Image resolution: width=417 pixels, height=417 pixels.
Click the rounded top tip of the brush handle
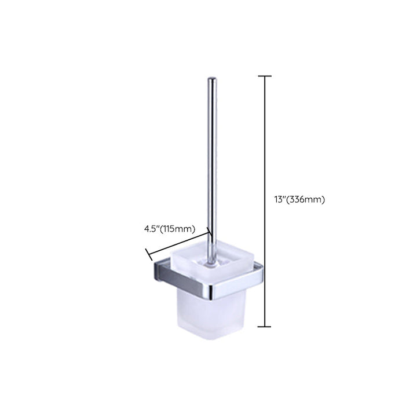click(212, 78)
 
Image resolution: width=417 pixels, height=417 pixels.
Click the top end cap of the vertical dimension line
click(265, 76)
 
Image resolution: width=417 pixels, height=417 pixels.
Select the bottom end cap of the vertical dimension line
click(265, 326)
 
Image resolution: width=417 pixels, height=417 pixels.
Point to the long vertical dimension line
click(265, 201)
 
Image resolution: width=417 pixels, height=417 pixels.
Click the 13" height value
click(280, 199)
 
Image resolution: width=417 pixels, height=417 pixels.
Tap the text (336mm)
click(305, 199)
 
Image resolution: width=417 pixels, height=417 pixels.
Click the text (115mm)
click(177, 229)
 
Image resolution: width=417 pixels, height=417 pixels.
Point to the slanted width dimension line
click(178, 243)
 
